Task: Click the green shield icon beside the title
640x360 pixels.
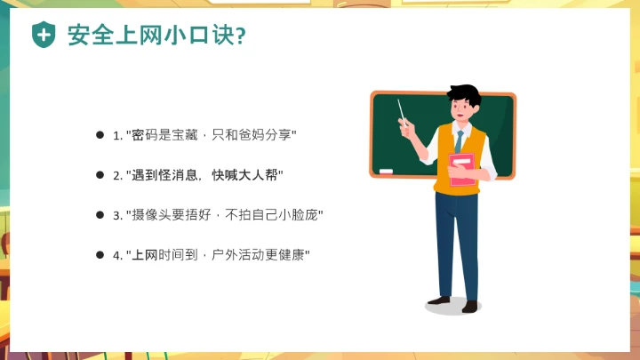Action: click(x=43, y=35)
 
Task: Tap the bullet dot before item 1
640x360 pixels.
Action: click(x=100, y=135)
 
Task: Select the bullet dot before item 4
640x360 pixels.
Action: click(x=100, y=255)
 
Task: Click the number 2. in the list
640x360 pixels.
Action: click(x=117, y=175)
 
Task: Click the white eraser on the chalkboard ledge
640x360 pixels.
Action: click(x=386, y=170)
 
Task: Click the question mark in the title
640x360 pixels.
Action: click(x=242, y=36)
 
